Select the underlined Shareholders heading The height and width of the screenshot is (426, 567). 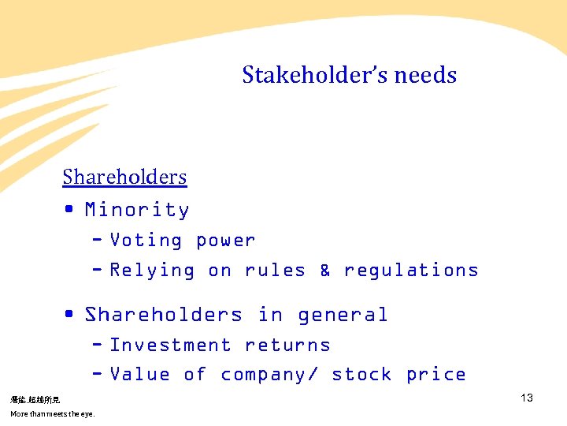pyautogui.click(x=124, y=177)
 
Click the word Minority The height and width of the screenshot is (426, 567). pyautogui.click(x=137, y=210)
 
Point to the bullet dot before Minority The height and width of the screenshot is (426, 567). pyautogui.click(x=70, y=209)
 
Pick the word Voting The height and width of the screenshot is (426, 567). pyautogui.click(x=146, y=241)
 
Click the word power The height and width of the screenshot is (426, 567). pyautogui.click(x=225, y=241)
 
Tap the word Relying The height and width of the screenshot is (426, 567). pyautogui.click(x=152, y=271)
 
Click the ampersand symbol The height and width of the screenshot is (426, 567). pyautogui.click(x=324, y=271)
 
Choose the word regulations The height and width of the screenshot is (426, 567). pyautogui.click(x=411, y=271)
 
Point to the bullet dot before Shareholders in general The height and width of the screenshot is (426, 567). pyautogui.click(x=70, y=314)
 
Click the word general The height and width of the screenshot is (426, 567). pyautogui.click(x=343, y=315)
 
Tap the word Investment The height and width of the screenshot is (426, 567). pyautogui.click(x=170, y=346)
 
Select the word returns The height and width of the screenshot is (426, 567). pyautogui.click(x=287, y=346)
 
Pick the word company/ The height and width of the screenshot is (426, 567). pyautogui.click(x=269, y=375)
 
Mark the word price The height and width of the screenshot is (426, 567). pyautogui.click(x=435, y=375)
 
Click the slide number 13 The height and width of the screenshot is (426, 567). pyautogui.click(x=527, y=398)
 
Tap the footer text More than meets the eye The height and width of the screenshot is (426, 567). pyautogui.click(x=52, y=413)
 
